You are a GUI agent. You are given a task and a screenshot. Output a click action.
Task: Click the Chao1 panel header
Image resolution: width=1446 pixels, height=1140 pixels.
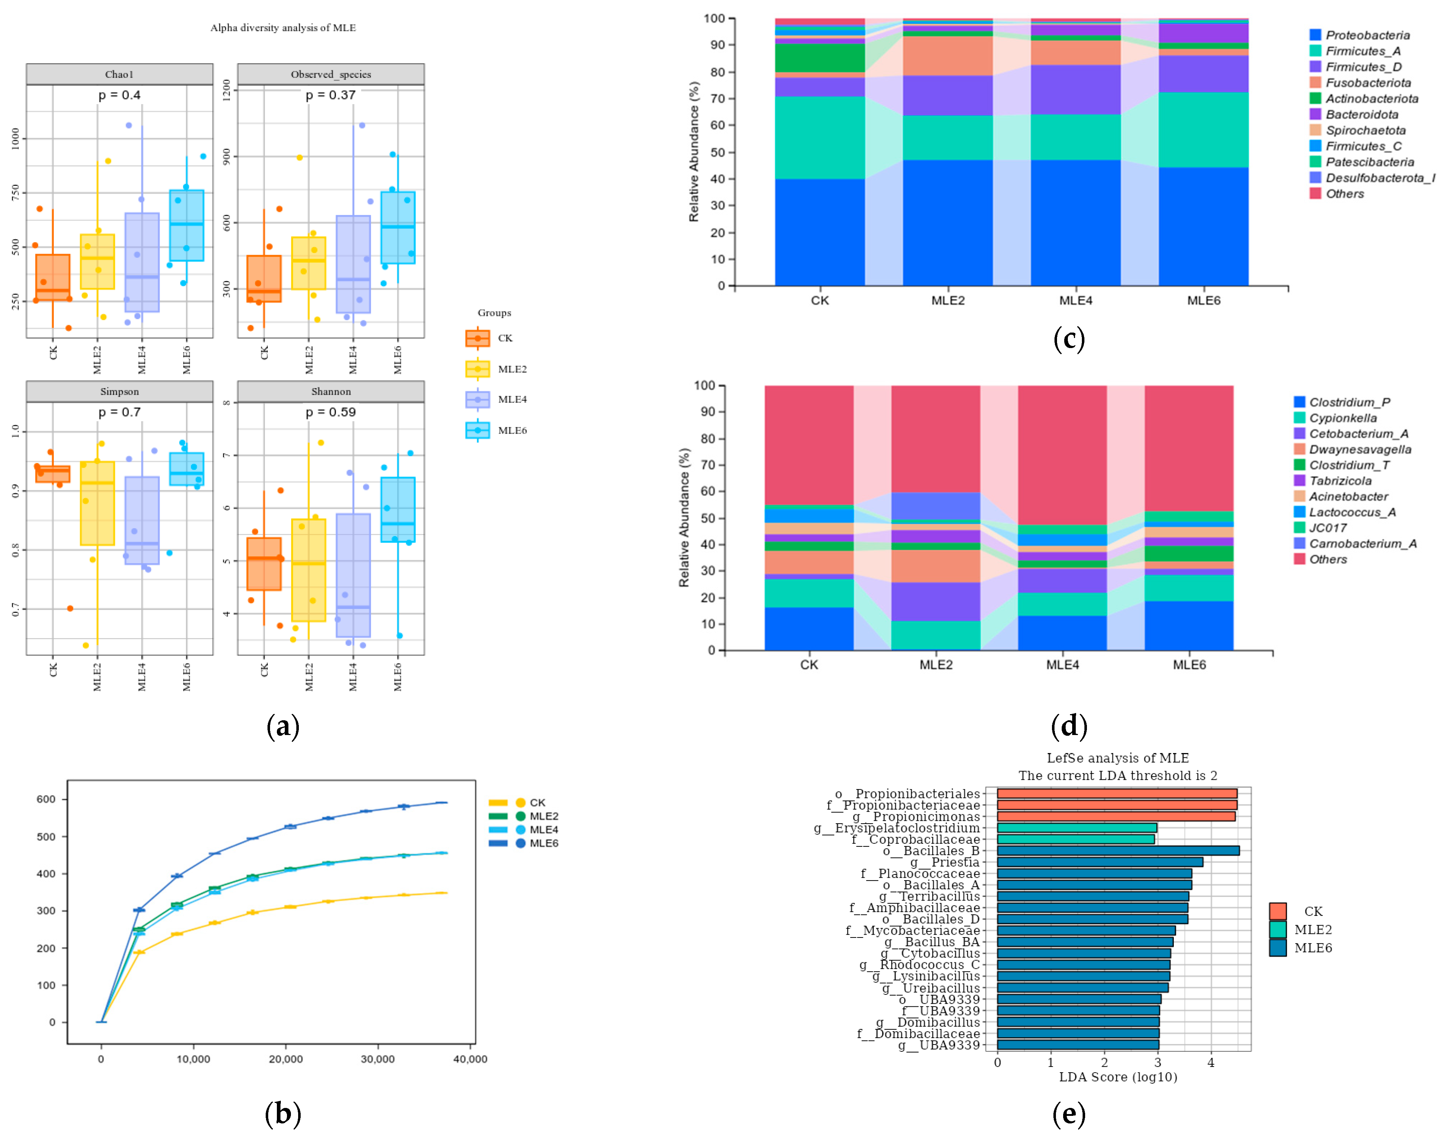coord(120,74)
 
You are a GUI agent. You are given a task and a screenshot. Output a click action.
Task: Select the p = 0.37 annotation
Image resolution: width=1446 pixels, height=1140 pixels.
coord(331,95)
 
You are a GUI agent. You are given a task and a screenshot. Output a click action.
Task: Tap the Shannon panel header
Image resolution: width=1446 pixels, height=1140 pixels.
coord(331,391)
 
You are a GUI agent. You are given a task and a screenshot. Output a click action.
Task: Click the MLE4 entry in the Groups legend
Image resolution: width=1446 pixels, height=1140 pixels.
coord(496,399)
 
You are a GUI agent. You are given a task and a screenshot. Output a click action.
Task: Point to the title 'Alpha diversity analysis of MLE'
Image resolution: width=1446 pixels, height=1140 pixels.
coord(283,27)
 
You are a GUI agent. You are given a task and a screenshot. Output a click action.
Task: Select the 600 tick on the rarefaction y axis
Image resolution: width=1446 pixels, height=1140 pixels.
coord(46,799)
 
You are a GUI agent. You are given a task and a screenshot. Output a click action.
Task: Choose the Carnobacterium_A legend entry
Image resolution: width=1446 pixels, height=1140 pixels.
coord(1355,543)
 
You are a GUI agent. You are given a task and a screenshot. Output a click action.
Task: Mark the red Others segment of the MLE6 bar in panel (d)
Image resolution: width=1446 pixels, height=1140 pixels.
coord(1189,448)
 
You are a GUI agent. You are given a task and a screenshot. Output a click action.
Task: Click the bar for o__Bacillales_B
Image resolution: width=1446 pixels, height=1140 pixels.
coord(1118,850)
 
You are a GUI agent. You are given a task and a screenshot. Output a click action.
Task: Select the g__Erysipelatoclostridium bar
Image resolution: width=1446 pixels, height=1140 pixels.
coord(1076,828)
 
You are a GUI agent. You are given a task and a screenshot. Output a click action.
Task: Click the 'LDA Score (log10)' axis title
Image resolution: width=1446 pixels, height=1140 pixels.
coord(1118,1077)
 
